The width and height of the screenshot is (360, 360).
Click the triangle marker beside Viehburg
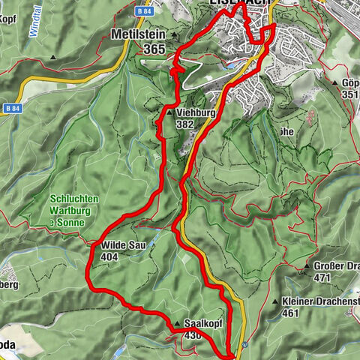160,114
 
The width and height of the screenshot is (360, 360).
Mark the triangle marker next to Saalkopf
178,324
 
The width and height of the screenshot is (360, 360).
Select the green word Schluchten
73,199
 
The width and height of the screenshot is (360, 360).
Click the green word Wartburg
73,211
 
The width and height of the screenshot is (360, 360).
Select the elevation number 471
323,277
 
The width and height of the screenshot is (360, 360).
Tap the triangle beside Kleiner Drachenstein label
276,301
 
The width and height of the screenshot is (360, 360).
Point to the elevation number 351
349,94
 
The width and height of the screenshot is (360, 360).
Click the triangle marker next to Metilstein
174,35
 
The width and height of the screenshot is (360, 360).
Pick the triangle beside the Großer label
308,266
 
